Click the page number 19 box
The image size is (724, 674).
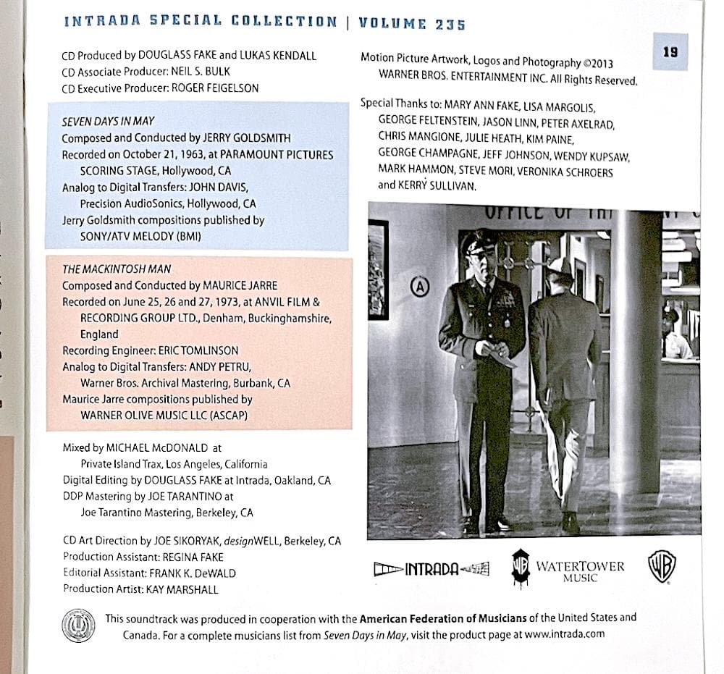coord(670,51)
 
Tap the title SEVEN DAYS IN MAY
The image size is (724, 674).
coord(108,122)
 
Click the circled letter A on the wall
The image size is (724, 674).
coord(419,286)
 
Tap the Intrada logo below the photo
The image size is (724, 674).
coord(432,570)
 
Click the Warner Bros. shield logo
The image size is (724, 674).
coord(662,565)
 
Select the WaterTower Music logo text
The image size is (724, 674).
coord(580,570)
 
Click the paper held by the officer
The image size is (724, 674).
coord(500,354)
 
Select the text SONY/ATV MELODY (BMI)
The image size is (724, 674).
coord(140,237)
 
